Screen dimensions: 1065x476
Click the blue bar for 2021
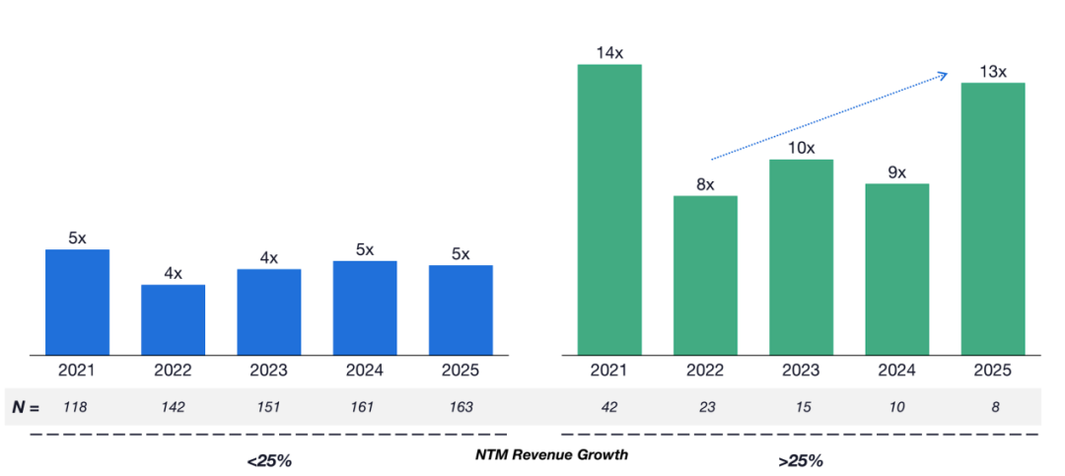[x=78, y=303]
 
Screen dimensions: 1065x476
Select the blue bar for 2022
[x=174, y=320]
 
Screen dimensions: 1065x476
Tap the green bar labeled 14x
[x=609, y=210]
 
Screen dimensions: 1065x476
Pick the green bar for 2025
[x=993, y=219]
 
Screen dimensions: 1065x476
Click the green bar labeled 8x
[x=705, y=275]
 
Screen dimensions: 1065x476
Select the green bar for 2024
[x=897, y=269]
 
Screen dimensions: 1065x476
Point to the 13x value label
[x=993, y=71]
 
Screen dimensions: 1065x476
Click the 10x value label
[x=802, y=148]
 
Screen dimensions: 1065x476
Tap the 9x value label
[x=897, y=172]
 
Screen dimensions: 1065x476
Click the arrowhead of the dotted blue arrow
[x=945, y=75]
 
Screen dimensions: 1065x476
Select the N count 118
[x=75, y=407]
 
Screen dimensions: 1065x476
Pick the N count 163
[x=461, y=407]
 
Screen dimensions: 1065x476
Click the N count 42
[x=609, y=407]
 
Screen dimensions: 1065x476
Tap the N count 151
[x=268, y=407]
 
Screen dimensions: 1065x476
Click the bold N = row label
[x=26, y=408]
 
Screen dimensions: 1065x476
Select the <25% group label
[x=269, y=461]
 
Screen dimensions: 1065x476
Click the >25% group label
[x=801, y=461]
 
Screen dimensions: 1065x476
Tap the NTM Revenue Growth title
[x=551, y=455]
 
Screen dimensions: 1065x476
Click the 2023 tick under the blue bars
[x=269, y=371]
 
